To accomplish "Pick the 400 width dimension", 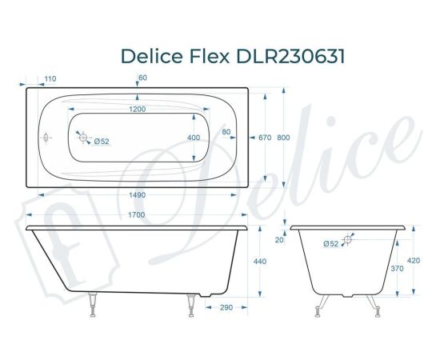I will (x=194, y=138).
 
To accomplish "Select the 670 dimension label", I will (x=266, y=138).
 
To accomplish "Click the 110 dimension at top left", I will (x=50, y=78).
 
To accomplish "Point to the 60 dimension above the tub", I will (x=143, y=78).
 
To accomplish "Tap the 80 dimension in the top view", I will (x=226, y=131).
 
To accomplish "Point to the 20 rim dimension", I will (x=279, y=239).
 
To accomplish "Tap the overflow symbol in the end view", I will (x=349, y=239).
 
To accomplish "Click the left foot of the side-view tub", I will (x=94, y=306).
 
